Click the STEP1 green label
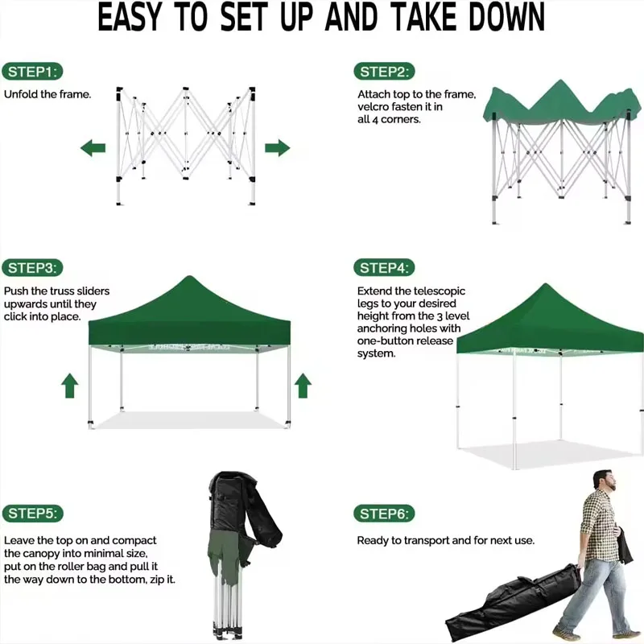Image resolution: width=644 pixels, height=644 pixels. coord(32,72)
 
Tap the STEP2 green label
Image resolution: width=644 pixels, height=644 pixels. coord(384,72)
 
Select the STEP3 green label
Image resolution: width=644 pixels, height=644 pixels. coord(32,268)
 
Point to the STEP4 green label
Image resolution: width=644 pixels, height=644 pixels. coord(384,268)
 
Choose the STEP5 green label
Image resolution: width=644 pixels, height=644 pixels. coord(32,514)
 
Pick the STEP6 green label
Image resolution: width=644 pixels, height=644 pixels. coord(384,514)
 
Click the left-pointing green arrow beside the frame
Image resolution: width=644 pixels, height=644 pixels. coord(93,148)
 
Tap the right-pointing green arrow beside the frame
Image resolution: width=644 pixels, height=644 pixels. coord(277,147)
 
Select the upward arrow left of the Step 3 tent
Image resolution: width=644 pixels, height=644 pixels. coord(70,386)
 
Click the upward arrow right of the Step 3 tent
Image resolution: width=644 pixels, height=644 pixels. coord(303,386)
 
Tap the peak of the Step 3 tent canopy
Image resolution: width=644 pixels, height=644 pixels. coord(189,279)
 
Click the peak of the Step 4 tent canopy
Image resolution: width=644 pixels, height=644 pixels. coord(547,287)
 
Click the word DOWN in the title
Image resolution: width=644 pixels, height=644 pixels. coord(498,18)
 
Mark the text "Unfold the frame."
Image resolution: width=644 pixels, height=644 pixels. coord(47,94)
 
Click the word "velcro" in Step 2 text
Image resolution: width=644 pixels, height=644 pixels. coord(374,106)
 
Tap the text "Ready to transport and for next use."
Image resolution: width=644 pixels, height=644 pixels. coord(445,540)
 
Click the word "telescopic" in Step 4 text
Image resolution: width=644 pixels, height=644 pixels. coord(438,291)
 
